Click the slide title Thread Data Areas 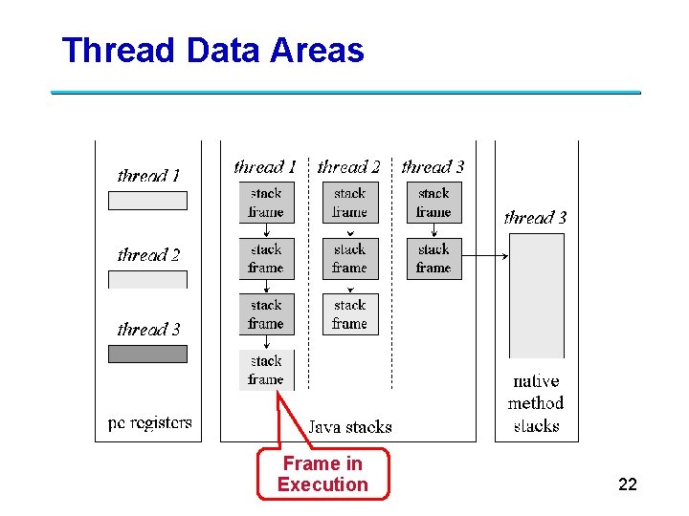212,50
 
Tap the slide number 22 628,484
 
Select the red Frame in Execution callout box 323,474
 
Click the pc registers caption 150,422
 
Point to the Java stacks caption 349,426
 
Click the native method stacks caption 536,403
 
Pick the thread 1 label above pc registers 148,176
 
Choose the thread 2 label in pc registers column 148,255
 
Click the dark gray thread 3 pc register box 147,354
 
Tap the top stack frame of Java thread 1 266,203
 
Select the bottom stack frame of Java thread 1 266,370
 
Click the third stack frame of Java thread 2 349,314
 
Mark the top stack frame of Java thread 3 433,203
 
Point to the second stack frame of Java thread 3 433,259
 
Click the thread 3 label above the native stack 535,218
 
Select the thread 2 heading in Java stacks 349,167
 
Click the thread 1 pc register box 147,201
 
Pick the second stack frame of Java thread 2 349,259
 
